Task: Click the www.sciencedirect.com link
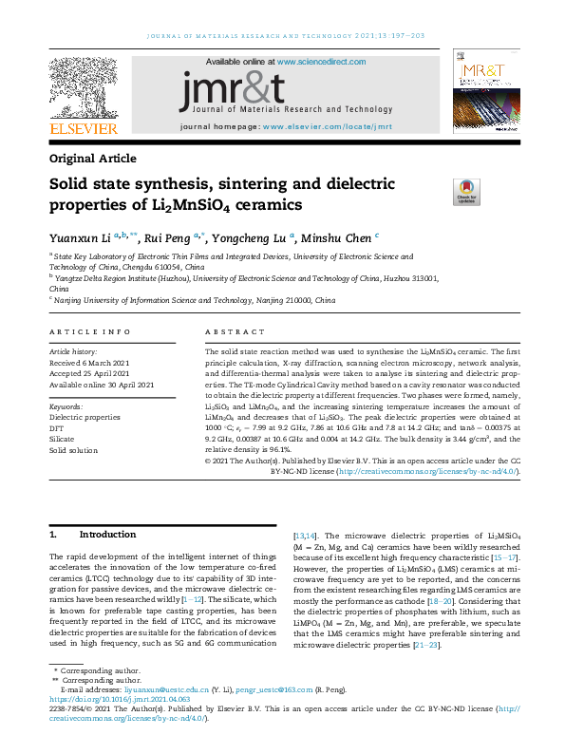(x=314, y=62)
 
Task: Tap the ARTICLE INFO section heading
(x=89, y=332)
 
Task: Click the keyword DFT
(x=58, y=428)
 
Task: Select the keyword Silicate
(x=63, y=440)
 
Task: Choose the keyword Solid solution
(x=74, y=451)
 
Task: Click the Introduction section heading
(x=107, y=535)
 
